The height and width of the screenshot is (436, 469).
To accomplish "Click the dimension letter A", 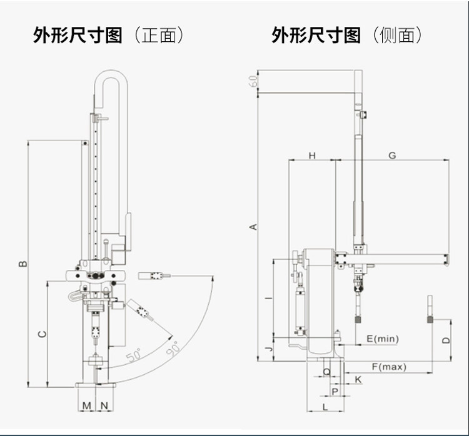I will (x=253, y=226).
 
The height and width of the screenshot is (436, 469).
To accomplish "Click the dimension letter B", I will (x=23, y=263).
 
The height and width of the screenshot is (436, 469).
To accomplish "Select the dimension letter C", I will (x=41, y=334).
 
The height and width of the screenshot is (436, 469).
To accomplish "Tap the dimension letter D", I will (x=445, y=340).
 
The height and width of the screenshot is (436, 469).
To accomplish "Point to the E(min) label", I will (x=382, y=339).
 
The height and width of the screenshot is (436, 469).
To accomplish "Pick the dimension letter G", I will (x=392, y=156).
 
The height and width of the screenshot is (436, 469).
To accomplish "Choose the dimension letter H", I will (x=312, y=156).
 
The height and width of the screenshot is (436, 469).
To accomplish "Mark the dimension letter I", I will (x=268, y=299).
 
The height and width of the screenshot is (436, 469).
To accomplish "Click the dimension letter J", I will (x=268, y=348).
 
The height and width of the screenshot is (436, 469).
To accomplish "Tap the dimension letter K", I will (x=358, y=379).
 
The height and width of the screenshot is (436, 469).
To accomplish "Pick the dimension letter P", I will (x=335, y=391).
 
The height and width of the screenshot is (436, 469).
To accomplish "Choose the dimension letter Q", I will (x=326, y=371).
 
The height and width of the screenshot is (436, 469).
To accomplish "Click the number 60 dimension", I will (x=253, y=81).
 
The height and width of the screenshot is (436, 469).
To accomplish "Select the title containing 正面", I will (x=108, y=35).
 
